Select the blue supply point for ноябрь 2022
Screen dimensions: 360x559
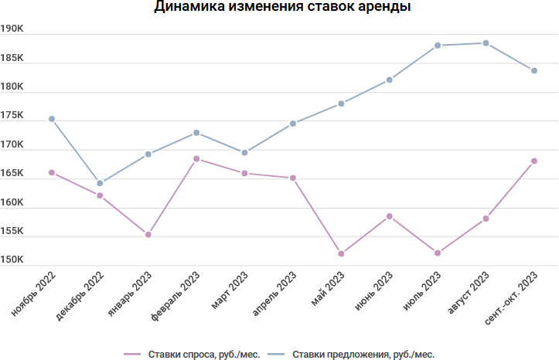(52, 119)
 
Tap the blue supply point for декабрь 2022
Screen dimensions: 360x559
(100, 183)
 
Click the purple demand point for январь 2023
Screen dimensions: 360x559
(148, 234)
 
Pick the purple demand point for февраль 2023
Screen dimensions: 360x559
(196, 158)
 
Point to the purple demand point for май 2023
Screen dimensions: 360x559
(341, 253)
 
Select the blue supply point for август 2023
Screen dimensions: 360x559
(486, 43)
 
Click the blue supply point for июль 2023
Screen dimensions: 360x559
(438, 46)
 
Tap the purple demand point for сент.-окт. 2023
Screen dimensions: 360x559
(534, 161)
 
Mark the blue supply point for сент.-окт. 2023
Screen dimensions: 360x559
(534, 71)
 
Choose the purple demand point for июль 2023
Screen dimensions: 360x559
(438, 253)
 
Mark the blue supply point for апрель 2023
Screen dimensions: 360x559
(293, 124)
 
